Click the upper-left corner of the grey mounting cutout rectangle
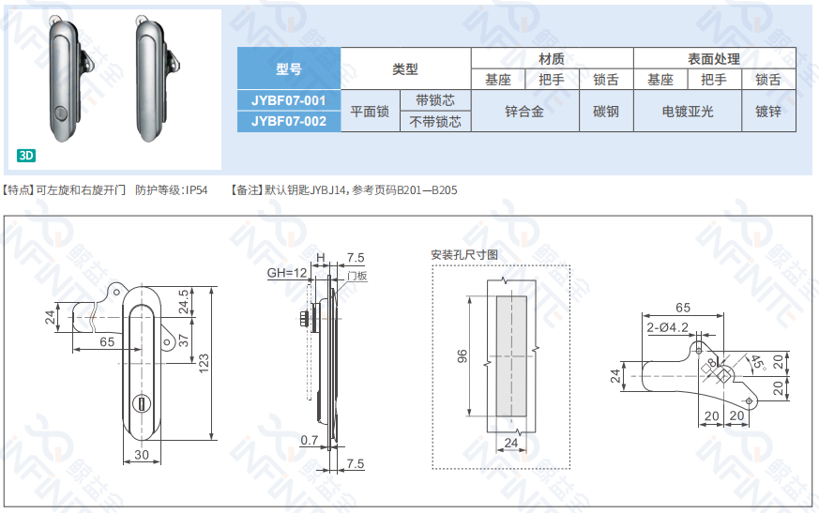point(496,296)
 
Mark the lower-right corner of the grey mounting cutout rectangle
point(526,416)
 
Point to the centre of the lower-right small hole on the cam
point(749,401)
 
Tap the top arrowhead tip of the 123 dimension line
point(211,286)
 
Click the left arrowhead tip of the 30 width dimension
point(123,462)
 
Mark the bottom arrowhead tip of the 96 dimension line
point(470,416)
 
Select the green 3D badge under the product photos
point(26,156)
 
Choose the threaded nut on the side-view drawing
point(304,319)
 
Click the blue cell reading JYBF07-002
point(289,121)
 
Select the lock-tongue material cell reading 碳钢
point(606,112)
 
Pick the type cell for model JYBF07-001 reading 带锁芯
point(435,100)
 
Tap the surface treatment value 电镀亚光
point(688,112)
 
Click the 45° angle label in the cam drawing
point(757,361)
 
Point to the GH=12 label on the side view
point(287,273)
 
